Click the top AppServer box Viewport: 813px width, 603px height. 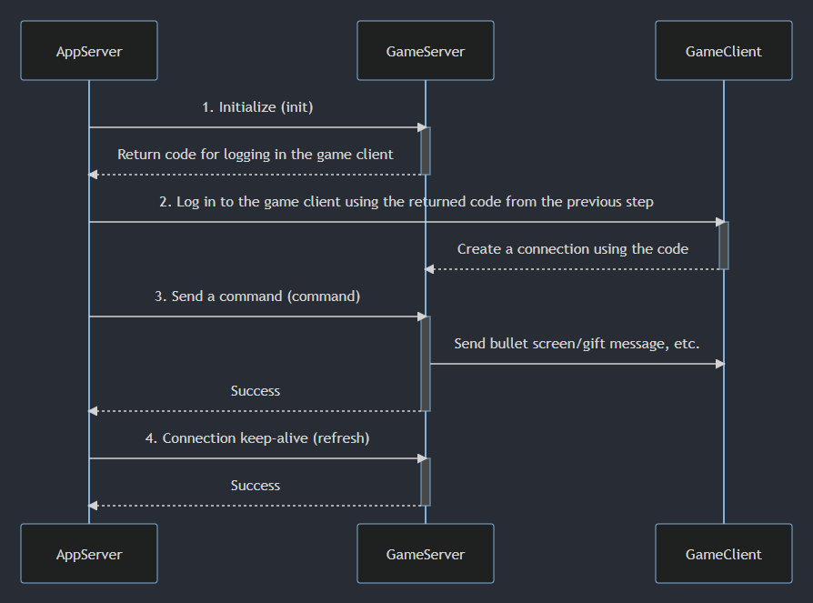click(89, 51)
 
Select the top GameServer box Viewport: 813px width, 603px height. click(426, 51)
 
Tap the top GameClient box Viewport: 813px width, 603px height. click(724, 51)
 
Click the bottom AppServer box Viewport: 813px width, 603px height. click(89, 553)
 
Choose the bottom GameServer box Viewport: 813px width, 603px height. click(426, 553)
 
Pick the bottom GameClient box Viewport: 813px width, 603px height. click(724, 553)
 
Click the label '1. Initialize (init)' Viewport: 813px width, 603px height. click(257, 107)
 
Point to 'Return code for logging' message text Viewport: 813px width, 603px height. click(256, 155)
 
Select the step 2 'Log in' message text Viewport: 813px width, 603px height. click(406, 202)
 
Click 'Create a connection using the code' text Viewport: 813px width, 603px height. click(573, 249)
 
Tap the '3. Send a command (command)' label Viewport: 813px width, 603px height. click(257, 296)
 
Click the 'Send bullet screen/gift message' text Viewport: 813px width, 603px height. click(577, 344)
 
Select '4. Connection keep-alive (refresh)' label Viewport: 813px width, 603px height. click(257, 438)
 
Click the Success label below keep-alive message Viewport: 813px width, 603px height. click(256, 486)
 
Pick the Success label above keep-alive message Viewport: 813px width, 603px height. click(256, 391)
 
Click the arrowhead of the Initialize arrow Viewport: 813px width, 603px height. click(421, 127)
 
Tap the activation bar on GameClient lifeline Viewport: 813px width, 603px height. click(724, 246)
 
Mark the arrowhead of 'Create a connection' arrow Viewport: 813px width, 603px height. click(430, 269)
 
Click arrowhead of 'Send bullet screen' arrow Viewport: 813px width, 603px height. click(719, 364)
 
